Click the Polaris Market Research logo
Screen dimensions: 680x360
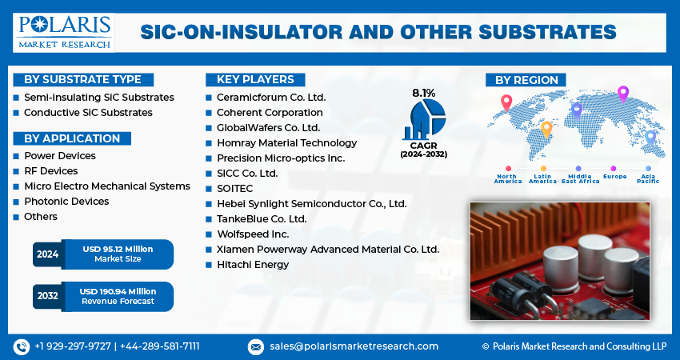[64, 33]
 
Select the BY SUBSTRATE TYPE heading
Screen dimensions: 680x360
[83, 80]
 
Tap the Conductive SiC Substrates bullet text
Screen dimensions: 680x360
[88, 113]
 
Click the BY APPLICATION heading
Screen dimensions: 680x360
[72, 138]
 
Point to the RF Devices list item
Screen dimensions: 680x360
[50, 171]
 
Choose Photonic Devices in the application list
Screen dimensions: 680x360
[66, 202]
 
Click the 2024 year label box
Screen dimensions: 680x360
[48, 254]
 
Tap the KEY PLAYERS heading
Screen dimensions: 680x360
[255, 80]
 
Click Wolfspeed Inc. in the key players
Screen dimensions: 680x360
[253, 234]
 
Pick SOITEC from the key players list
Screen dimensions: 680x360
[234, 189]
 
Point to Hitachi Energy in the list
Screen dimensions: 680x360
[253, 265]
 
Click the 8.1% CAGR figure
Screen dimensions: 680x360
[423, 93]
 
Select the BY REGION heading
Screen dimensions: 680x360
[526, 80]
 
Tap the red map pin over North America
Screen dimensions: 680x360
[506, 103]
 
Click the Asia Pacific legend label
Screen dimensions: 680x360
[648, 178]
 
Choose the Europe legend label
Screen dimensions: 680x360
[614, 177]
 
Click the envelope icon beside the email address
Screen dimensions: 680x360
[255, 347]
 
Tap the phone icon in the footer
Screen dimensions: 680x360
[22, 347]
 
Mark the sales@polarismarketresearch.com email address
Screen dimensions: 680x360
[354, 346]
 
